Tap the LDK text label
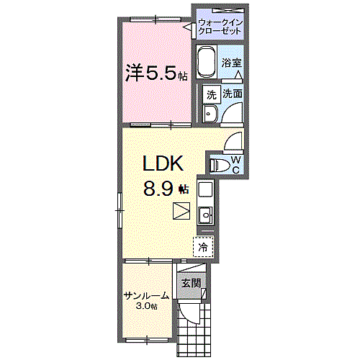(x=163, y=163)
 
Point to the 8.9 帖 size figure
(x=166, y=189)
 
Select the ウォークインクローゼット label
(x=220, y=27)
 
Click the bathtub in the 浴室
(x=207, y=61)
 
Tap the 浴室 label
(x=231, y=63)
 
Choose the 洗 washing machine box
(x=211, y=94)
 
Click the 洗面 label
(x=233, y=94)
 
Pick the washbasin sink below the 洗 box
(x=210, y=113)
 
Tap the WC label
(x=236, y=165)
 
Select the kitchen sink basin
(x=205, y=215)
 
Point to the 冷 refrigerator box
(x=203, y=247)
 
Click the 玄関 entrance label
(x=191, y=283)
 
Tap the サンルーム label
(x=146, y=296)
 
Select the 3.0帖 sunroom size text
(x=146, y=306)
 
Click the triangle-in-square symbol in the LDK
(x=181, y=211)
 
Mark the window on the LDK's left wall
(x=120, y=210)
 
